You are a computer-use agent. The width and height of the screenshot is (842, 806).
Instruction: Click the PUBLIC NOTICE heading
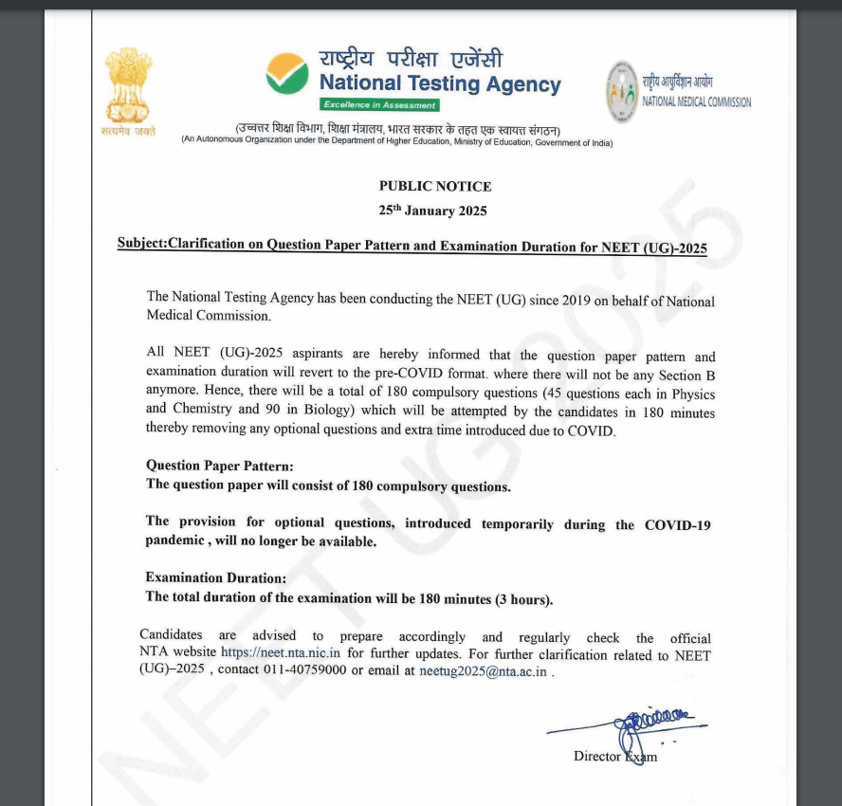tap(435, 187)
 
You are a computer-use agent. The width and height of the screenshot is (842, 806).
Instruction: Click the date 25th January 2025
tap(432, 211)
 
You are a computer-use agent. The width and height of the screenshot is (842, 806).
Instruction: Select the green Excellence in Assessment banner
tap(379, 105)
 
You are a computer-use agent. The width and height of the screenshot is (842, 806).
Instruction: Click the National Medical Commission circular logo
tap(622, 91)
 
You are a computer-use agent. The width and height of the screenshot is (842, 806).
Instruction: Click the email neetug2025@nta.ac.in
tap(483, 670)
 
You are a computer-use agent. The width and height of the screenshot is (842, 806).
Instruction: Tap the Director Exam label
tap(614, 756)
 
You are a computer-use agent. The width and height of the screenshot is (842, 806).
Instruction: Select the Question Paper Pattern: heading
tap(219, 466)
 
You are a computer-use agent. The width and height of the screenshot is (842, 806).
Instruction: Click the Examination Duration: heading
tap(215, 577)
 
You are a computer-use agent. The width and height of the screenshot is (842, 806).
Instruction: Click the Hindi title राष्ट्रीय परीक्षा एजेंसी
tap(411, 59)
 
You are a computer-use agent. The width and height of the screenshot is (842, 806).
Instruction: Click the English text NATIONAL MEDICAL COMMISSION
tap(697, 102)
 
